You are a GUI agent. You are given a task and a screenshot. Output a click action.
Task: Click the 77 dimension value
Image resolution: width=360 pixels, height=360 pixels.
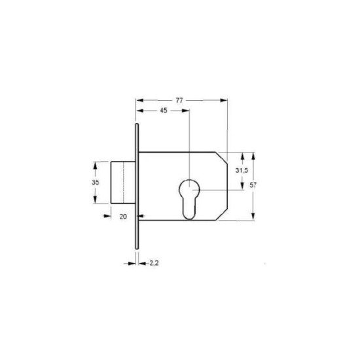pos(179,100)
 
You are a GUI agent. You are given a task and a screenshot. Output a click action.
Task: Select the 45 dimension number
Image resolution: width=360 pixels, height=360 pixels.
pos(164,111)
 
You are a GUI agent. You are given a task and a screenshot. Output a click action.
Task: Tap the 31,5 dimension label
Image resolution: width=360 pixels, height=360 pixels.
pos(242,170)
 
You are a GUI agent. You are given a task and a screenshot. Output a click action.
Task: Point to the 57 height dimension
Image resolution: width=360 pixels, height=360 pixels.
pos(253,185)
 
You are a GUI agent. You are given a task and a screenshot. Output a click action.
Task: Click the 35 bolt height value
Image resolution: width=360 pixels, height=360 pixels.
pos(96,183)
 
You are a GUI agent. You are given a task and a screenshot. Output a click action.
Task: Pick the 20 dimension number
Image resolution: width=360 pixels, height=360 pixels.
pos(123,217)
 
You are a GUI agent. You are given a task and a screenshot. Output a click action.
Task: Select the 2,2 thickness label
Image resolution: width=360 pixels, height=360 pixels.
pos(154,263)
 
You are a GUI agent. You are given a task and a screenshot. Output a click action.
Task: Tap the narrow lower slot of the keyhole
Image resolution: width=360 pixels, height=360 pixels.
pos(189,207)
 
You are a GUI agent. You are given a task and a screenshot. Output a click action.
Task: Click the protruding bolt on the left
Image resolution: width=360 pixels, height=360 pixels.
pos(123,183)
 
